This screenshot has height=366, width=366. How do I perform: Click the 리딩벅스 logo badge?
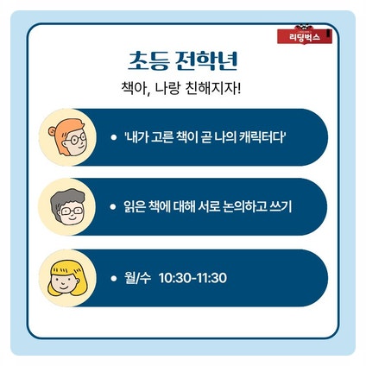pos(305,35)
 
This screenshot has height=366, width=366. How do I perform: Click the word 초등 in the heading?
pos(148,61)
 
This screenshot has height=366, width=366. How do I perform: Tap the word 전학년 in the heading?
pos(206,61)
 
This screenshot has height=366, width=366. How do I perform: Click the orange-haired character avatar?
pos(67,137)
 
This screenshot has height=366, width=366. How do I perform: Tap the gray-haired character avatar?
pos(67,207)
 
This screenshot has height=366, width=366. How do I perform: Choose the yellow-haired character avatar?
pos(67,278)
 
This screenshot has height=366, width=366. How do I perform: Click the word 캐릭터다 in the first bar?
pos(262,137)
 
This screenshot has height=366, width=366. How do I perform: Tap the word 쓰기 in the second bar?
pos(281,207)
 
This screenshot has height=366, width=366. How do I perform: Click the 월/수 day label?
pos(137,278)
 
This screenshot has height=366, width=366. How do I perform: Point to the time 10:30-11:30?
pos(192,278)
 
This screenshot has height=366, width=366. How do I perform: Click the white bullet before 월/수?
pos(114,278)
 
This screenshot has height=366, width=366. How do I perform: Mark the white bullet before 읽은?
pos(113,207)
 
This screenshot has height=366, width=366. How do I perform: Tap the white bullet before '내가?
pos(114,137)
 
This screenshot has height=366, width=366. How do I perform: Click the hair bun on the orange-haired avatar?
pos(53,131)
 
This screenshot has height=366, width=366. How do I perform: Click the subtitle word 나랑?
pos(167,88)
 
